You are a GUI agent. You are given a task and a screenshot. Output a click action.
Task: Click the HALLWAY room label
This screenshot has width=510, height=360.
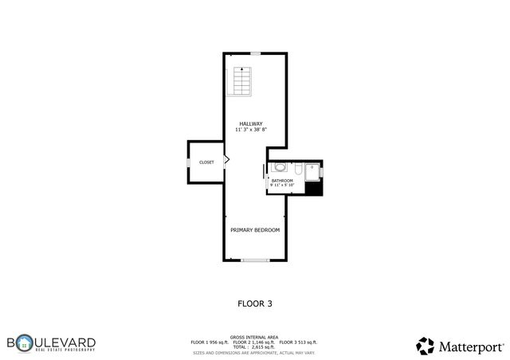click(x=251, y=123)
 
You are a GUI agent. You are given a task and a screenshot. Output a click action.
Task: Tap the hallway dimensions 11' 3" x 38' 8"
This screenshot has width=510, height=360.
click(x=251, y=130)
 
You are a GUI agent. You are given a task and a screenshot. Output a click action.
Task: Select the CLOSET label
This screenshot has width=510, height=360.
click(x=206, y=162)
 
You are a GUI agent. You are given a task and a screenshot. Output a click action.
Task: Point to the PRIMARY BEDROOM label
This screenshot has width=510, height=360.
click(x=255, y=230)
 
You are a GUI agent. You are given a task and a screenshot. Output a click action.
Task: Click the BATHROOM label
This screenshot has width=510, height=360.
click(x=282, y=181)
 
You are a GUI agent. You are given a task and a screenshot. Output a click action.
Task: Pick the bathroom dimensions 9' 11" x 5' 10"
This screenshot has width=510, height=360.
click(x=282, y=186)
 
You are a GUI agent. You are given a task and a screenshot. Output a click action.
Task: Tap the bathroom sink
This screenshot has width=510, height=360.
click(x=278, y=168)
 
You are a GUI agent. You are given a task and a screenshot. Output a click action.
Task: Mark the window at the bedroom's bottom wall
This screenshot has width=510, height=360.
click(x=255, y=260)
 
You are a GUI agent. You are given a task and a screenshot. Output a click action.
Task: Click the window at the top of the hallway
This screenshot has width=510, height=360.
click(x=255, y=53)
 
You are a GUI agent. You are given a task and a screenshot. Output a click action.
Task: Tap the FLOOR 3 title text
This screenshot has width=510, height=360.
click(x=255, y=303)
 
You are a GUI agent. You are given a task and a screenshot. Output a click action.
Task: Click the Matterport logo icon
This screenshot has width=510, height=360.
click(x=425, y=346)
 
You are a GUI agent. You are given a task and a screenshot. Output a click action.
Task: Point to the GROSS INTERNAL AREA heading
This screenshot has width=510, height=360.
click(x=255, y=337)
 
